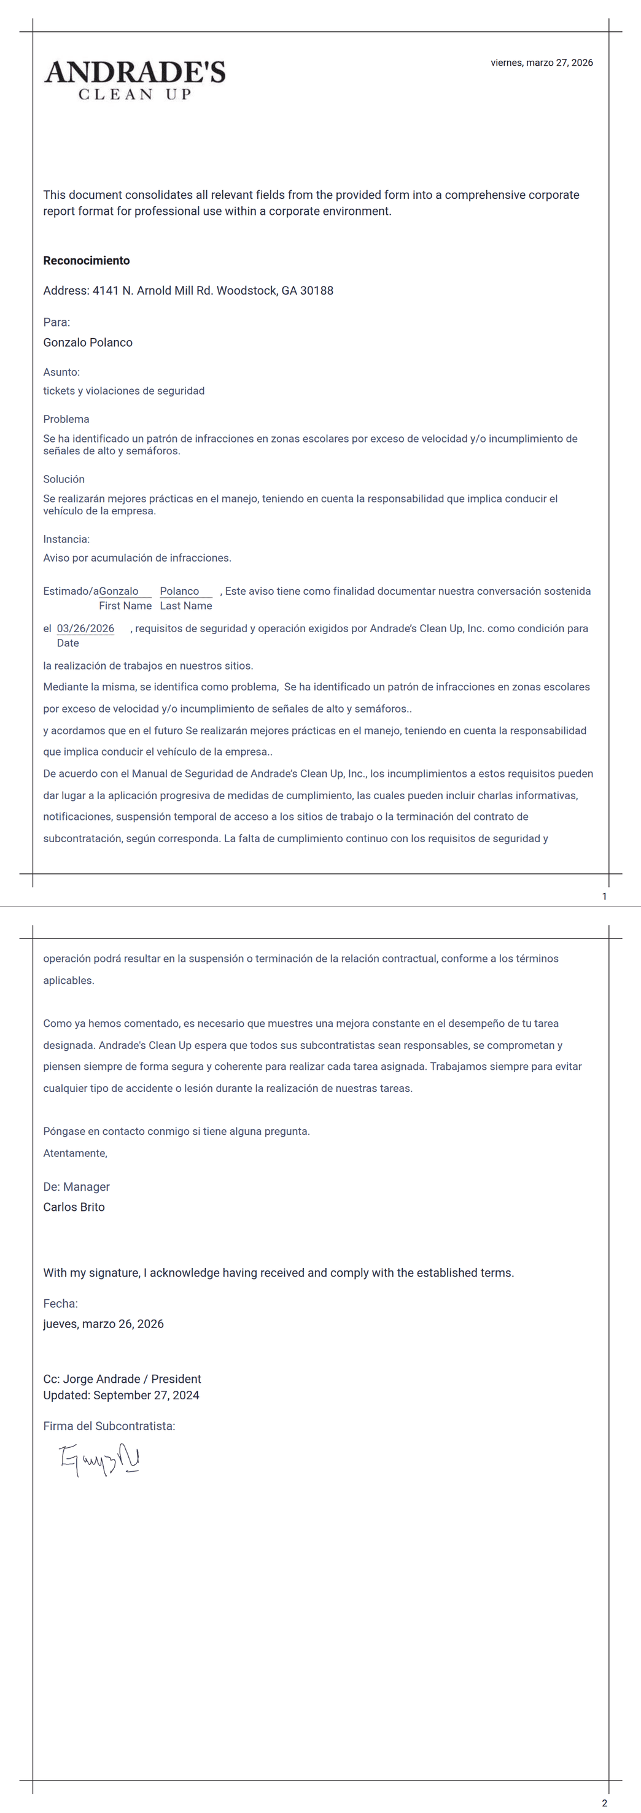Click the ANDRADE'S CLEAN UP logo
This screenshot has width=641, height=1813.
point(134,80)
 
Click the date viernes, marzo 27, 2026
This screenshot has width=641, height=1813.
point(541,63)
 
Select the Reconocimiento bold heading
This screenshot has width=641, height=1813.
point(87,260)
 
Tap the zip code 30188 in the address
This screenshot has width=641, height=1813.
point(316,291)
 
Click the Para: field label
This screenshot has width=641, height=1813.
point(56,322)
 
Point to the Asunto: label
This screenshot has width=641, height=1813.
point(61,371)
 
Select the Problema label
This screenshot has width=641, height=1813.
point(66,419)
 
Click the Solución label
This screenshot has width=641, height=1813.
point(64,479)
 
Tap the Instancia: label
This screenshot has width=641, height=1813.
point(66,539)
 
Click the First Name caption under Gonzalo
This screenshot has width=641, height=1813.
point(125,606)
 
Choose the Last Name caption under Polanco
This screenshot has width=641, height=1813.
point(186,606)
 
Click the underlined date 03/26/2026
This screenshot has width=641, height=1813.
point(85,628)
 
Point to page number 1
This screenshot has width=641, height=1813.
point(604,896)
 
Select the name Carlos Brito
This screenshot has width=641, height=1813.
point(74,1207)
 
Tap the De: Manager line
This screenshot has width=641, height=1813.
point(76,1186)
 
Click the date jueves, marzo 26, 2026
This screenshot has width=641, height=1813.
point(104,1324)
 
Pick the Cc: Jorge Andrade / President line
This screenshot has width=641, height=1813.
point(122,1378)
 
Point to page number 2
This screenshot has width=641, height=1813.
point(604,1803)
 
